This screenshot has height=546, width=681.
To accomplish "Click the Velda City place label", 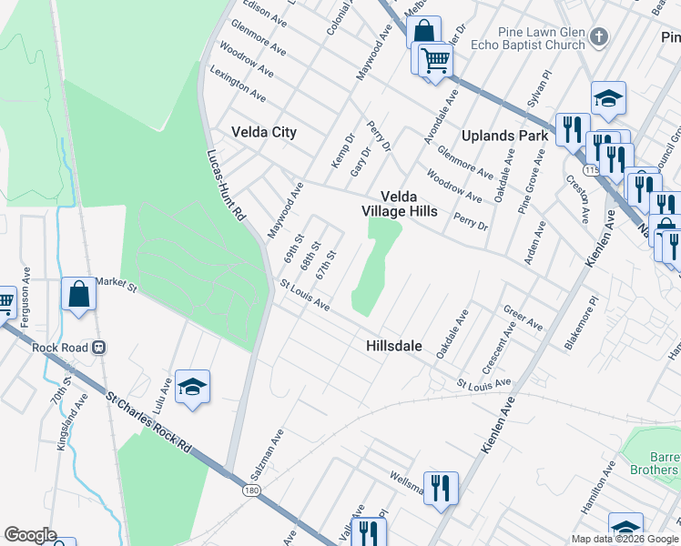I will point(264,132).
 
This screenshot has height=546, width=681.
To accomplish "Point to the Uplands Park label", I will point(504,136).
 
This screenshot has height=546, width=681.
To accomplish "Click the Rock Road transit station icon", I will point(99,347).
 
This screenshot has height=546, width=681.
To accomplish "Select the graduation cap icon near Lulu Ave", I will point(192,388).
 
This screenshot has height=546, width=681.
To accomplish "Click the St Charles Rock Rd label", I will point(150,424).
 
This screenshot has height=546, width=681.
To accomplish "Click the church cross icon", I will point(599,37).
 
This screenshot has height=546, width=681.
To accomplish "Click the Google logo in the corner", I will point(30,535).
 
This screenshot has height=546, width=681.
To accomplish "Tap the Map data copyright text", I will point(625,539).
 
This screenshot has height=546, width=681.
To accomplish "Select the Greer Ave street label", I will point(523,318).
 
